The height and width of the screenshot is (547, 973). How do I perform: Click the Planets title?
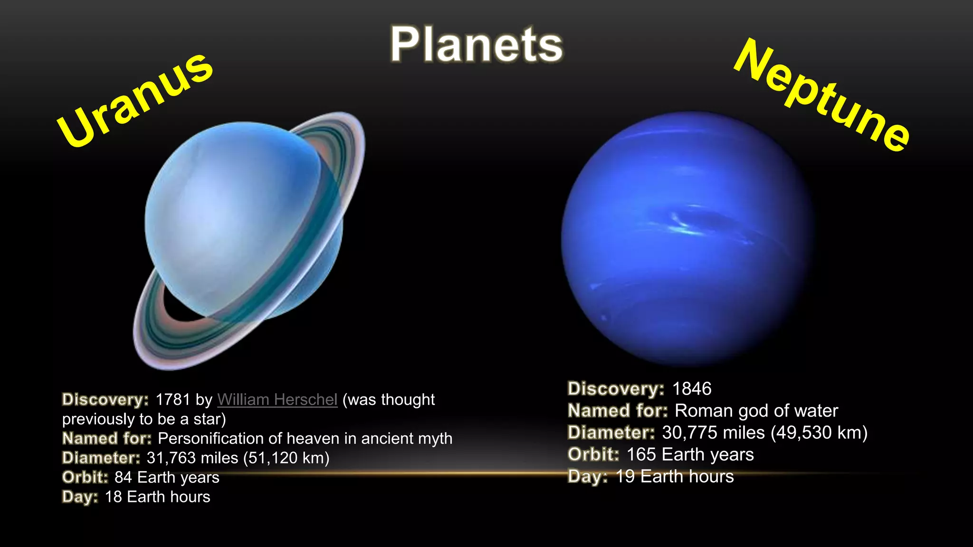(x=477, y=45)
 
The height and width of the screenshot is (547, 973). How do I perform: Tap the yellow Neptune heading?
(x=822, y=95)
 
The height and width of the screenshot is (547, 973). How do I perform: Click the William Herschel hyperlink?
(x=277, y=400)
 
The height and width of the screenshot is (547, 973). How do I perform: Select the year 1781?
(x=173, y=400)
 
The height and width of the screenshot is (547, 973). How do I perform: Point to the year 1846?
(x=692, y=389)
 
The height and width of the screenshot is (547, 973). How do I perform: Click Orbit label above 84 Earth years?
(x=85, y=477)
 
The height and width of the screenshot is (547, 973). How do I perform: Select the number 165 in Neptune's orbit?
(x=641, y=454)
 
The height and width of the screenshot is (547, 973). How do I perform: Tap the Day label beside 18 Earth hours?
(x=80, y=497)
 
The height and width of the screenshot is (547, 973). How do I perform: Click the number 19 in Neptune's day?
(x=625, y=476)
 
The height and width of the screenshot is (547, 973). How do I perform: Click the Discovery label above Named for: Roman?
(x=616, y=389)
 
